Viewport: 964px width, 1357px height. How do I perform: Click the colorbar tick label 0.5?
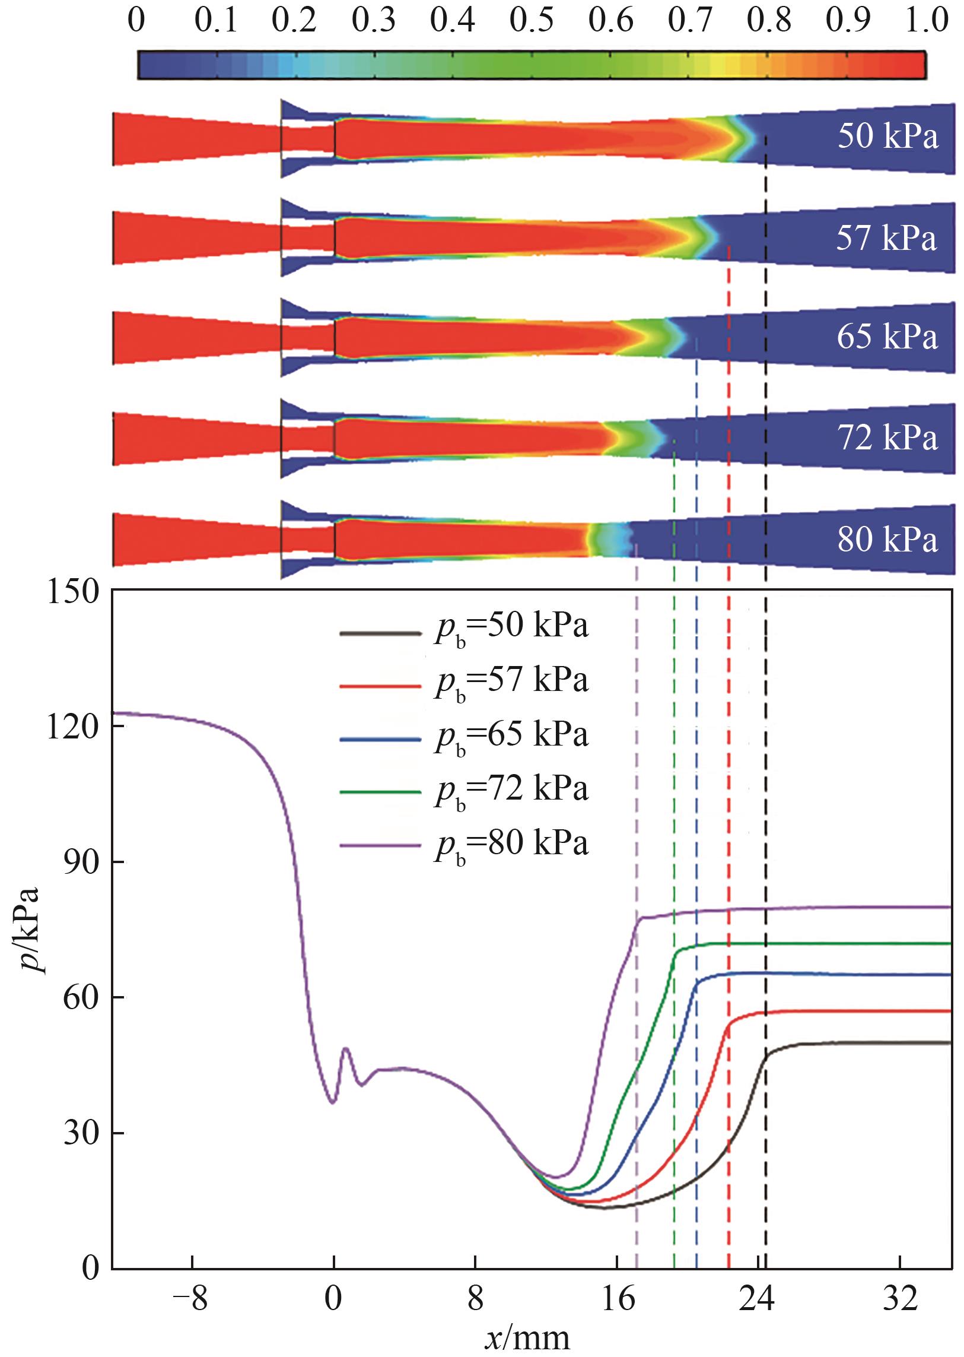click(532, 20)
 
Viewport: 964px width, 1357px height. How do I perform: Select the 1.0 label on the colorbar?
click(927, 20)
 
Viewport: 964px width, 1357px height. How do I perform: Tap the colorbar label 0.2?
click(294, 20)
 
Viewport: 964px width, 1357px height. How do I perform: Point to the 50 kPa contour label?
click(887, 136)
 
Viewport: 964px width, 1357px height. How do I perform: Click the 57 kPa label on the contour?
click(886, 237)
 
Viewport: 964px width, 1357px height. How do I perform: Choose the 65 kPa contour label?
click(887, 337)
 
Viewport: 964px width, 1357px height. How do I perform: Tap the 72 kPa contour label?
click(887, 437)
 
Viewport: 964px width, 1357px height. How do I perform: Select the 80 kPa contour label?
click(887, 539)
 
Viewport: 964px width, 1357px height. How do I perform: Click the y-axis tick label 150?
click(72, 592)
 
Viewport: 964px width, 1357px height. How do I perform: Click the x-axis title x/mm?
click(527, 1339)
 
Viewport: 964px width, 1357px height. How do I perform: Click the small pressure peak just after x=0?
click(345, 1050)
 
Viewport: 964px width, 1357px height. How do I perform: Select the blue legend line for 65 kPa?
click(380, 740)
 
